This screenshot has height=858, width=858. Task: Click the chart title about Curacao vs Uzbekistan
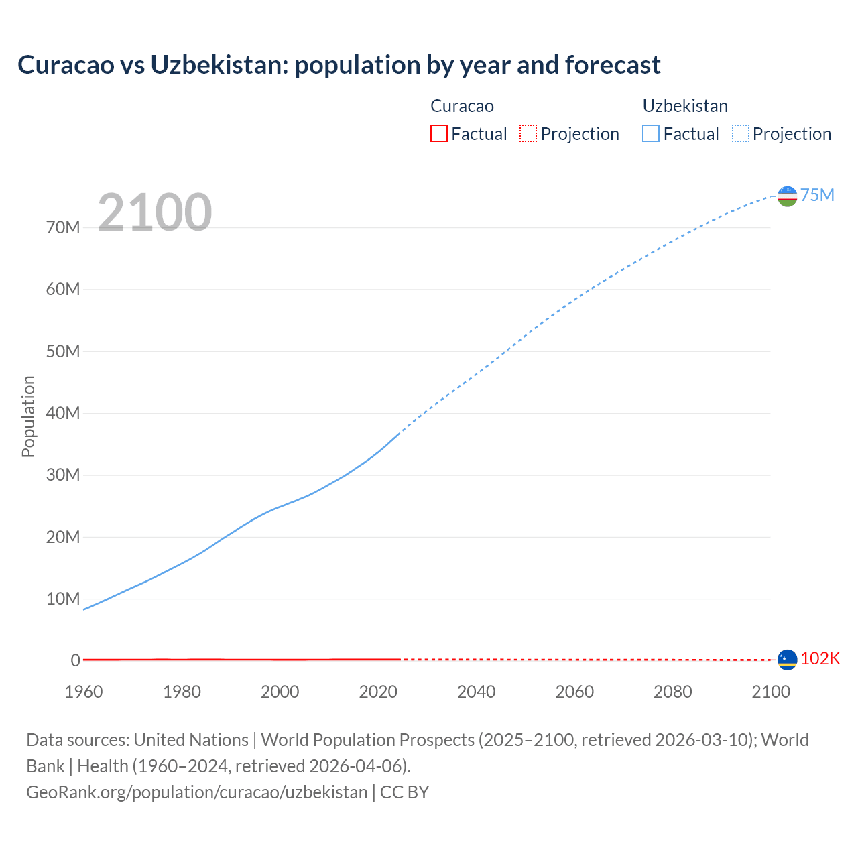coord(339,65)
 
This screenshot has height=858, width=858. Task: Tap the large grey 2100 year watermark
coord(155,212)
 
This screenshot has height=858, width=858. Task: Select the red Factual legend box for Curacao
coord(438,133)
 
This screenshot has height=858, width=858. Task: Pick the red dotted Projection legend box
coord(528,133)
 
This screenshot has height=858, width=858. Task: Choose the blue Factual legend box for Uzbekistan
coord(650,133)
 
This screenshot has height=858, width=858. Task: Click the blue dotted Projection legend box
coord(741,133)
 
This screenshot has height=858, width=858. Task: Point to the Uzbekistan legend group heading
coord(684,106)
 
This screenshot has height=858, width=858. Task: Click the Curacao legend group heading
coord(462,106)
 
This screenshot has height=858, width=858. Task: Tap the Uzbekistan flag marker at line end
coord(787,196)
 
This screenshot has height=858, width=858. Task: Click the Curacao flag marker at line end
coord(787,660)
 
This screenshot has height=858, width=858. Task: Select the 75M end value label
coord(817,195)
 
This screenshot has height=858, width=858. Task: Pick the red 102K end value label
coord(820,658)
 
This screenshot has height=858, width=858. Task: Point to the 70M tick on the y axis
coord(63,227)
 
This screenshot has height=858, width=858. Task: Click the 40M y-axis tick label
coord(63,413)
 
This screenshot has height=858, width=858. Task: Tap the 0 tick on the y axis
coord(75,660)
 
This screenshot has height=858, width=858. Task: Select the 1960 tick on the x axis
coord(84,692)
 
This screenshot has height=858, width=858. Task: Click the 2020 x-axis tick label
coord(378,692)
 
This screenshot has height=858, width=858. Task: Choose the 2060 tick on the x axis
coord(574,692)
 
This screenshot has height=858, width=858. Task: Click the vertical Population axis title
coord(28,416)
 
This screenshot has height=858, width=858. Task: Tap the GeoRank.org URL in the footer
coord(196,792)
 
